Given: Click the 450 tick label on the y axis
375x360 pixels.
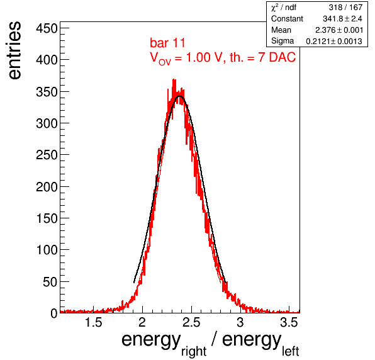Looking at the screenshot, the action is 47,29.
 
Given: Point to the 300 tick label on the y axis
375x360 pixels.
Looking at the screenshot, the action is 47,123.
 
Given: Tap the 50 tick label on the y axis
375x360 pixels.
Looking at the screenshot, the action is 50,282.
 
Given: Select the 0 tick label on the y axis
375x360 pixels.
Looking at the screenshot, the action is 54,313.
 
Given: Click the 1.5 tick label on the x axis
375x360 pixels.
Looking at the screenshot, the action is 94,322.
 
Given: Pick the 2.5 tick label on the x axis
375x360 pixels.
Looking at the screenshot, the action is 191,322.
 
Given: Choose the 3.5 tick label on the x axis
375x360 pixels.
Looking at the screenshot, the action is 289,322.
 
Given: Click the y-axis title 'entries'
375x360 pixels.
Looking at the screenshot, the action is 14,50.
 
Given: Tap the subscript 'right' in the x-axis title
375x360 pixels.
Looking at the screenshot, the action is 194,352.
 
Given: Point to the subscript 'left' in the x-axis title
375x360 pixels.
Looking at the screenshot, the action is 291,351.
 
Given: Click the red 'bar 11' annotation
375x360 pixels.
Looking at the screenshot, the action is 167,43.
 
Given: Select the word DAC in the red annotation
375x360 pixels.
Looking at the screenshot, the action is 283,57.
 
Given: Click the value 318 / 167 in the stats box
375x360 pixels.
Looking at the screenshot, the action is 345,8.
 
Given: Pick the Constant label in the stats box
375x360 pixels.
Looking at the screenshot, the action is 287,19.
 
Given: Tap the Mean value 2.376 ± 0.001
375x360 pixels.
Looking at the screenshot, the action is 339,30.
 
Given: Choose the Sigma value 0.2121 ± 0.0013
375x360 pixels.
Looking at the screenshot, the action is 334,41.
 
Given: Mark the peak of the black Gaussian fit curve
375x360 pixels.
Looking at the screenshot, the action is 180,96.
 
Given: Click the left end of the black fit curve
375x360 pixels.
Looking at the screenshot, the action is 134,283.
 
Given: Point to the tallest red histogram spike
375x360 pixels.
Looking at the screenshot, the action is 174,79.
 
